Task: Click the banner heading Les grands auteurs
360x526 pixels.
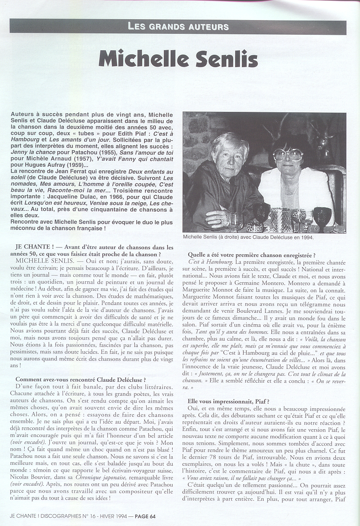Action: click(x=178, y=26)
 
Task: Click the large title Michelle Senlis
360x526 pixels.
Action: click(x=178, y=59)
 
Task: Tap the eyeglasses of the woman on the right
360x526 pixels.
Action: click(x=288, y=155)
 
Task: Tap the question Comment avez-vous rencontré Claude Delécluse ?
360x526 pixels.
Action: click(x=80, y=379)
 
